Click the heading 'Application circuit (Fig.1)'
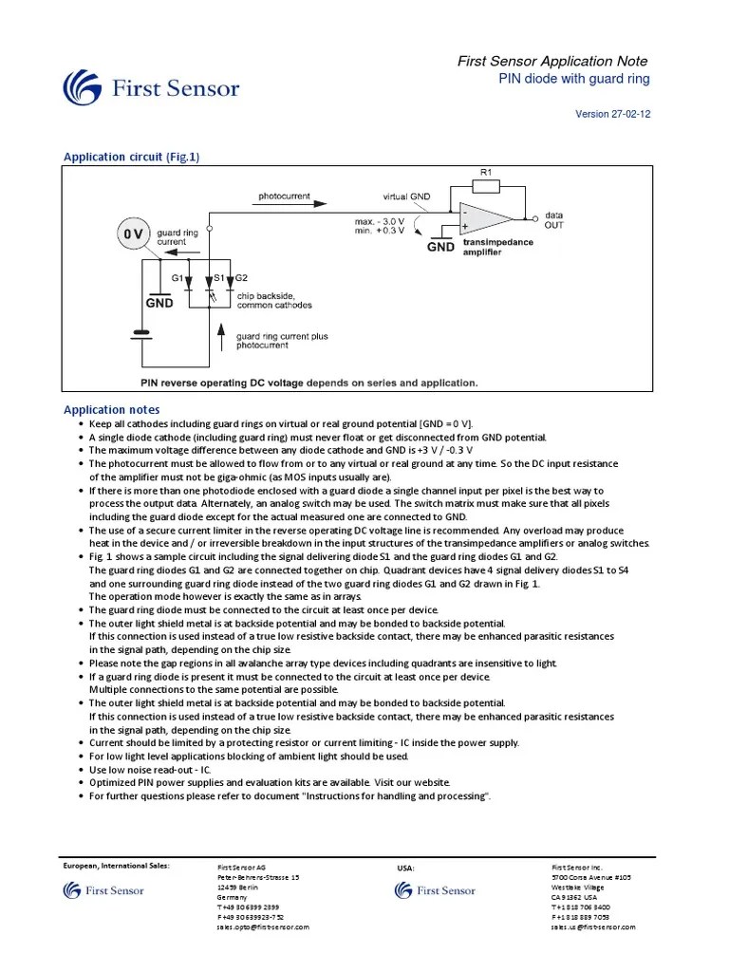131,157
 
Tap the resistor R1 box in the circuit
485,185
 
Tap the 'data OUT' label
553,221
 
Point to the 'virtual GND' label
406,196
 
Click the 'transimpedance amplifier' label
498,247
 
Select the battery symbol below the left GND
141,333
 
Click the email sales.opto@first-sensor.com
263,927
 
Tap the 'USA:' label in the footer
406,868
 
